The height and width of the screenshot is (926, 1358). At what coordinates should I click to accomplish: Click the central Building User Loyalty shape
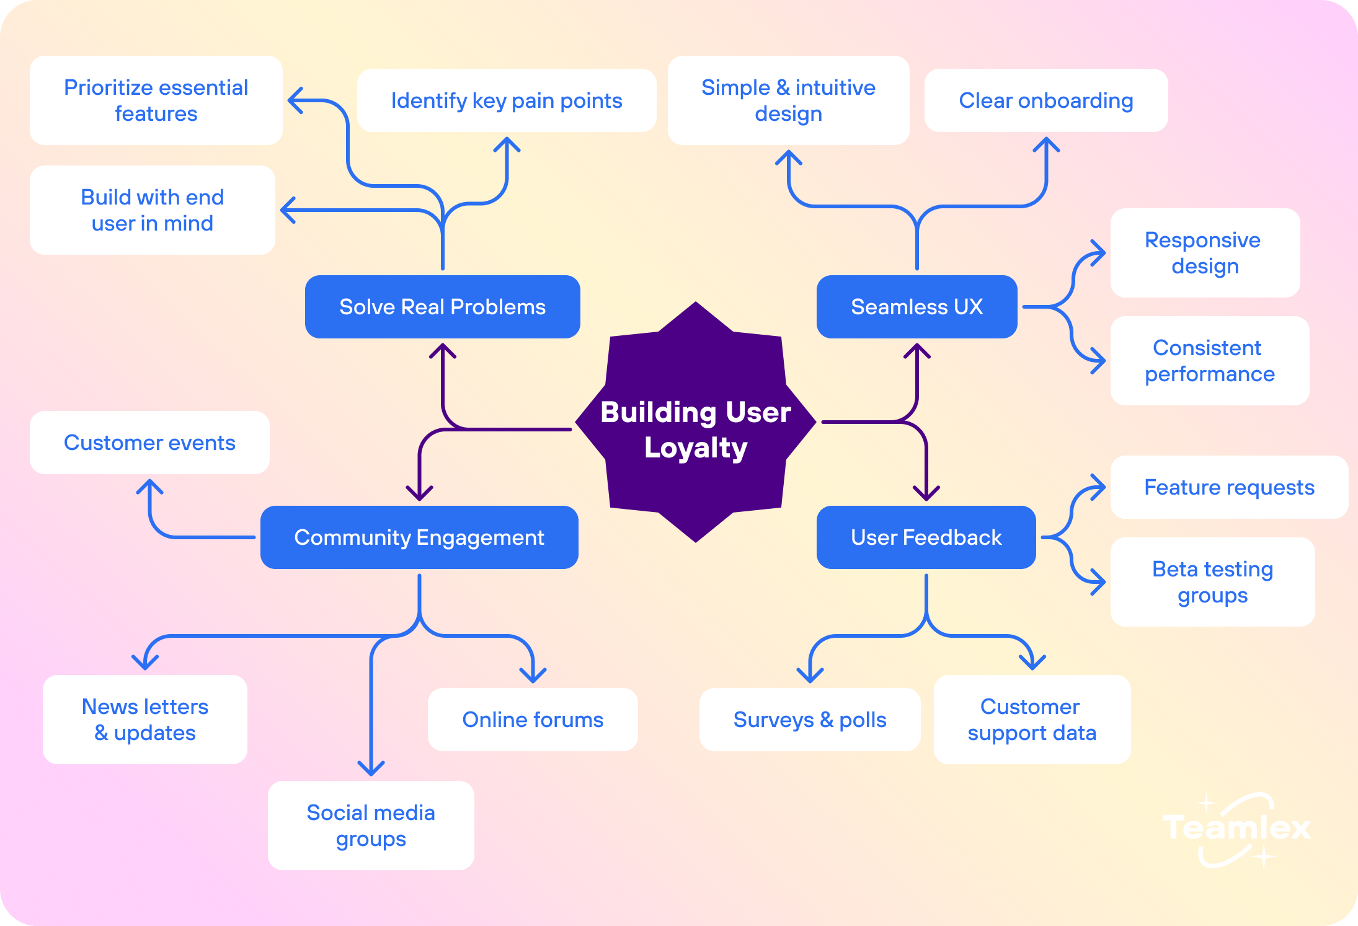(696, 422)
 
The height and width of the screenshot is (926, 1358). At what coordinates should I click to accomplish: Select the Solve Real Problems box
(443, 307)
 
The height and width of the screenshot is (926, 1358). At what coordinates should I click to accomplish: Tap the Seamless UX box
(917, 307)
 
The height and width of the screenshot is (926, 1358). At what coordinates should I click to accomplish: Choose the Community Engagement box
(419, 537)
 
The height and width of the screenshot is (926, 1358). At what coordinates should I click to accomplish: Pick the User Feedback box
(926, 537)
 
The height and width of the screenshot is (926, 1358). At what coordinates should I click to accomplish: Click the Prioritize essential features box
(156, 100)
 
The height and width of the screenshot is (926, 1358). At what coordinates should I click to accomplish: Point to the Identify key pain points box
(507, 100)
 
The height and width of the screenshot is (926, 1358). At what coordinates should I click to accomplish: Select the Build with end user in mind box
(153, 210)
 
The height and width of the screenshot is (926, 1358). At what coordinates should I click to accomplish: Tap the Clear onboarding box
(1046, 100)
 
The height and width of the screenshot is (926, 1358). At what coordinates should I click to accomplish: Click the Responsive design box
(1205, 253)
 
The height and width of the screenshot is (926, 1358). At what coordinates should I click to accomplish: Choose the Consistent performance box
(1210, 361)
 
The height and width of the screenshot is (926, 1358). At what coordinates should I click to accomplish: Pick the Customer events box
(149, 443)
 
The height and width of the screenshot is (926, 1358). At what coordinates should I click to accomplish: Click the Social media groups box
(371, 826)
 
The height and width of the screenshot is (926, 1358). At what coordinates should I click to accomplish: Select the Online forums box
(533, 720)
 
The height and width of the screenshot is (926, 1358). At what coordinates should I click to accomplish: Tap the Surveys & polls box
(810, 720)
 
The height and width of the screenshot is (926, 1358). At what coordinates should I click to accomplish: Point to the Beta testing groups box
(1213, 582)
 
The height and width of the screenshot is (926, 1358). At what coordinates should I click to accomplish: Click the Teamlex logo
(1236, 829)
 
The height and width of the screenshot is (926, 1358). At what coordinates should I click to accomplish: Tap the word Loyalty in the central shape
(696, 448)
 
